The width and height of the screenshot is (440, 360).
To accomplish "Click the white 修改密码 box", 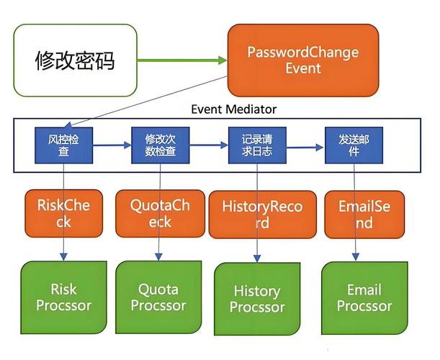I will (x=75, y=61).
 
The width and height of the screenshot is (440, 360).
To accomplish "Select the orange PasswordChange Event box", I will (x=303, y=60).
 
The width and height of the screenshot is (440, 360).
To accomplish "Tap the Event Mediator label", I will (x=233, y=109).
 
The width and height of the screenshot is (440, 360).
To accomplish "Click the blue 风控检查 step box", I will (x=64, y=145).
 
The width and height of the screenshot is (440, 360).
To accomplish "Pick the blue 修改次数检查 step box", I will (x=160, y=145).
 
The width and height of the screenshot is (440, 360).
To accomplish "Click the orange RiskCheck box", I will (x=64, y=214).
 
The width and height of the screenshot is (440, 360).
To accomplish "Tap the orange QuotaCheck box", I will (x=160, y=214).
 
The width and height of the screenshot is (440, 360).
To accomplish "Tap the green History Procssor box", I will (x=257, y=299).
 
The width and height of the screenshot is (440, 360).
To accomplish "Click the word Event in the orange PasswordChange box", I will (x=303, y=69).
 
